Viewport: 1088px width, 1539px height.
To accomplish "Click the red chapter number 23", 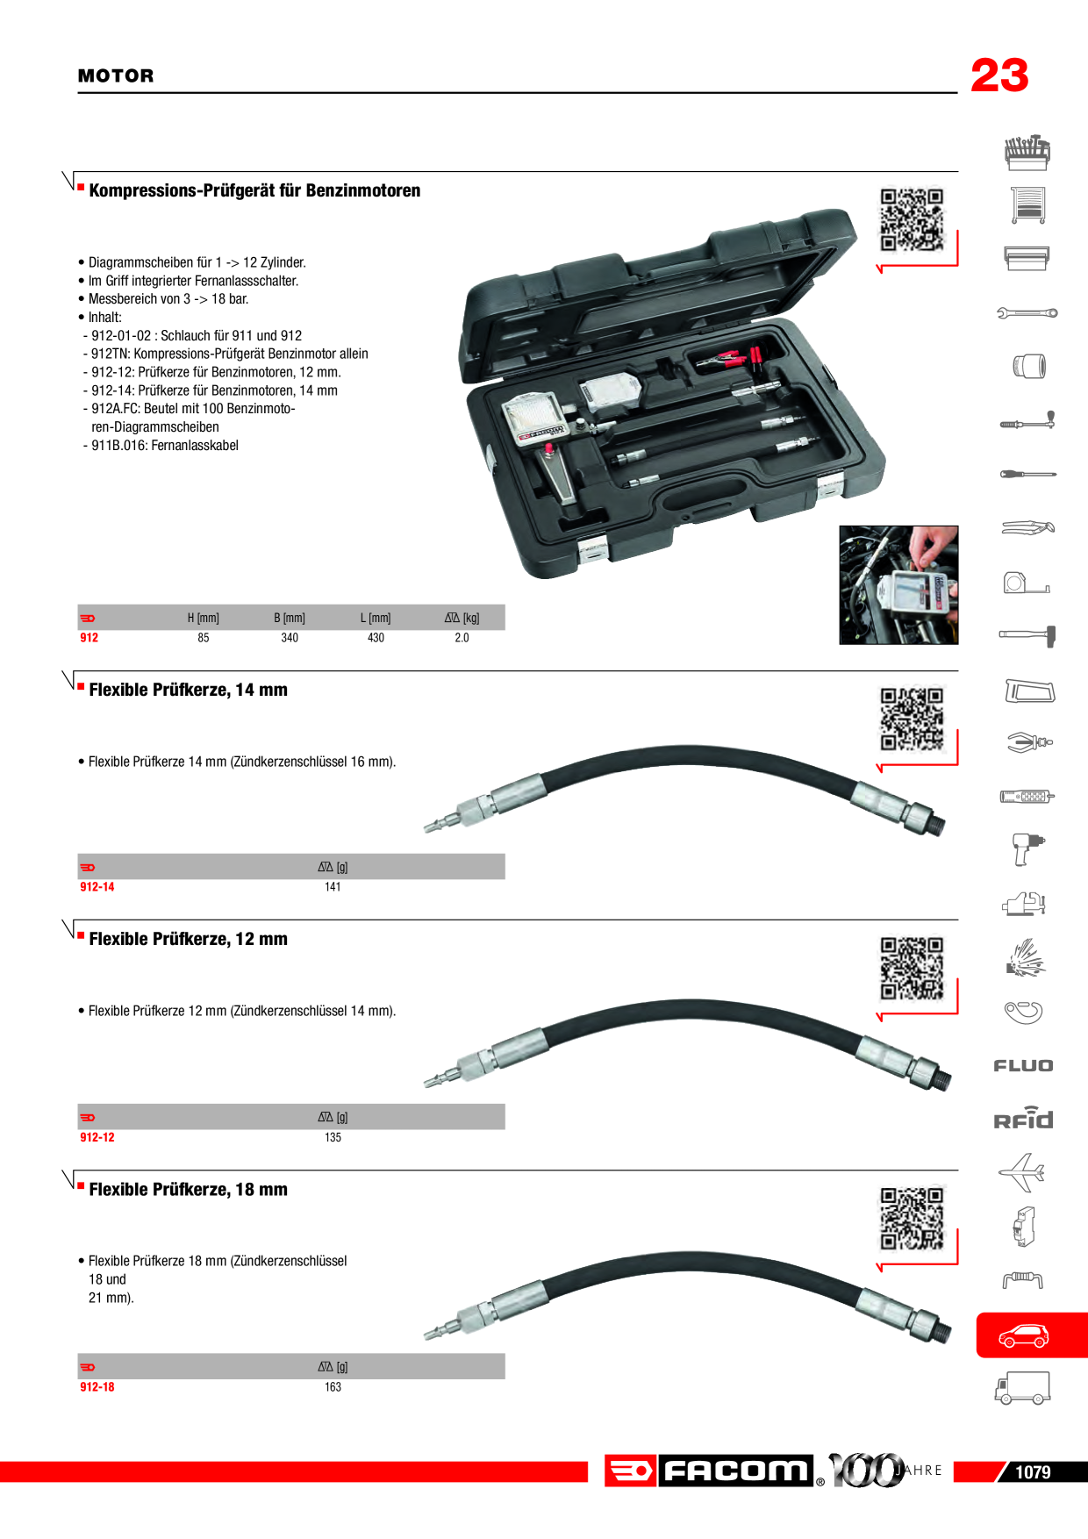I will tap(999, 75).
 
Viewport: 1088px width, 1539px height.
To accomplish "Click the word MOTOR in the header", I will tap(116, 76).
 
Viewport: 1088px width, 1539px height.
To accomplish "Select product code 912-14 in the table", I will tap(97, 887).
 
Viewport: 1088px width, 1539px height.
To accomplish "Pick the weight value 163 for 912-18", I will tap(333, 1387).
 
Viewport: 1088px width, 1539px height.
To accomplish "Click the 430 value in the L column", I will tap(376, 638).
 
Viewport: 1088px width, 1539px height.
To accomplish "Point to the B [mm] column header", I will tap(290, 618).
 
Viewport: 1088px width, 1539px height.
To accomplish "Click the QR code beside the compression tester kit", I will tap(912, 219).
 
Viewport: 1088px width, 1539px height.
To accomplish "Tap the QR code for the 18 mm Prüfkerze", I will tap(912, 1219).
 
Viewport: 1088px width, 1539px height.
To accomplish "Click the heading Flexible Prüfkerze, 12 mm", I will tap(188, 939).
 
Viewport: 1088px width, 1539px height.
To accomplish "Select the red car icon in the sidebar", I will tap(1024, 1335).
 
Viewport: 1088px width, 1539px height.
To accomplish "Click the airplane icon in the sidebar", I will tap(1022, 1172).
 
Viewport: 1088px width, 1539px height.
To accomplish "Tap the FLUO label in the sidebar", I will tap(1023, 1066).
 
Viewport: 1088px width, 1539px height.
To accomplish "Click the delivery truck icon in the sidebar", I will tap(1022, 1388).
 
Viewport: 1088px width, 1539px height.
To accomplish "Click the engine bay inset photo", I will tap(898, 585).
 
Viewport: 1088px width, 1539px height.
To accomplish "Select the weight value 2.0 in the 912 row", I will tap(462, 638).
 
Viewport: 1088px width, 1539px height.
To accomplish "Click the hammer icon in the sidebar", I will tap(1027, 635).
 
